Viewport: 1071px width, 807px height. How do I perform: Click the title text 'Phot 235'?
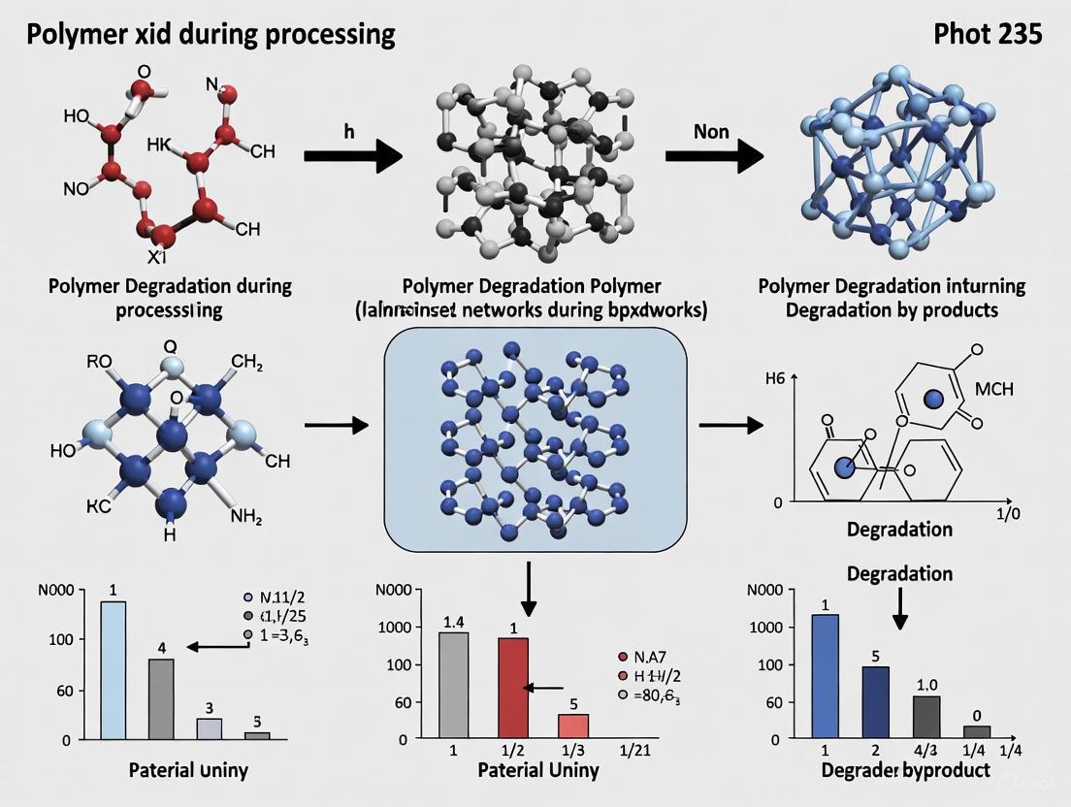pos(988,34)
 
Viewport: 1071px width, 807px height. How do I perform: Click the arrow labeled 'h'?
pos(353,155)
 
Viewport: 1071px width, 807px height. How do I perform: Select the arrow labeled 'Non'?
pos(714,155)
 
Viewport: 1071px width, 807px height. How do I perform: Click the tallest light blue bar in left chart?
pos(113,670)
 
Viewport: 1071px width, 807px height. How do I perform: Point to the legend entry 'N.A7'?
pos(649,656)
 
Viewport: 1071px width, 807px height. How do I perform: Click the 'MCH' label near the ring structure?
pos(993,389)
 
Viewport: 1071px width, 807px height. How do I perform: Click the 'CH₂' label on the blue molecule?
pos(246,364)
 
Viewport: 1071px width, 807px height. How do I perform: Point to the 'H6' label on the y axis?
pos(774,380)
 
